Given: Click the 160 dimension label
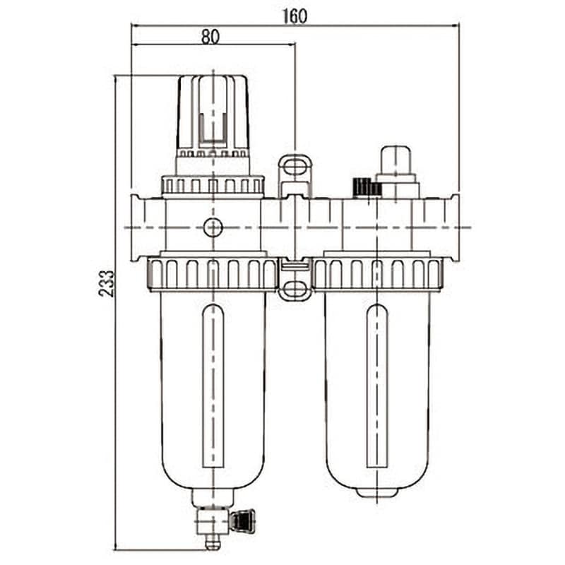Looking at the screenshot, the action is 295,16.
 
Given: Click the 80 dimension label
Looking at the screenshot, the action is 210,37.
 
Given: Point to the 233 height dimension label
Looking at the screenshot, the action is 107,284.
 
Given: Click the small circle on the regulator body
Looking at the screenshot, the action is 213,227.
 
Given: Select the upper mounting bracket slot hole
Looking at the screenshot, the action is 295,167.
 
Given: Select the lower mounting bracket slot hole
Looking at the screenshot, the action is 295,289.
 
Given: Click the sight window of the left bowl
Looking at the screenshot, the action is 213,386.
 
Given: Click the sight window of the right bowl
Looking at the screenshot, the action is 377,386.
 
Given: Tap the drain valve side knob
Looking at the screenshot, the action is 243,521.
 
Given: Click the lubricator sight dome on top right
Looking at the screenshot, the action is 396,160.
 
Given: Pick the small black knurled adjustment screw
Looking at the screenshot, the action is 367,187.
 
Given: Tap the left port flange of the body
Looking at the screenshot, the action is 136,227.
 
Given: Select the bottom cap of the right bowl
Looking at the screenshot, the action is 377,492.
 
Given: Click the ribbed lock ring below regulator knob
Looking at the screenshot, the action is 213,186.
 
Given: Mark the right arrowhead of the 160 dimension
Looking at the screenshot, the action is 457,25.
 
